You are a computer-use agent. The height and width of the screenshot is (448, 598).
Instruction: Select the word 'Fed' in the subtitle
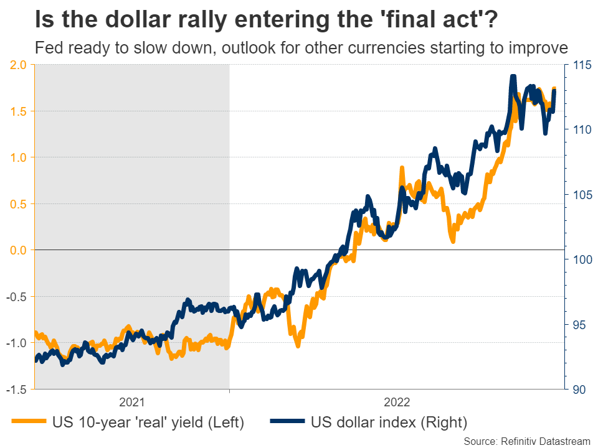[x=47, y=48]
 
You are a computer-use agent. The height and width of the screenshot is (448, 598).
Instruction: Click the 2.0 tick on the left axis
[x=17, y=65]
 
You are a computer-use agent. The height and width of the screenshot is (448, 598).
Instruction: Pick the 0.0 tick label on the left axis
[x=17, y=250]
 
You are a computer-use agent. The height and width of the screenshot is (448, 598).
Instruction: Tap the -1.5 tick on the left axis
[x=16, y=390]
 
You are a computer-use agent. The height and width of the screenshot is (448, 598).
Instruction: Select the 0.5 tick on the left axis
[x=17, y=204]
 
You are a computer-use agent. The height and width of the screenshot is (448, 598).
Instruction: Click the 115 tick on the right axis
[x=580, y=65]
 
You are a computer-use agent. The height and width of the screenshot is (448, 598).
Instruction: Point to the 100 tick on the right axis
[x=580, y=259]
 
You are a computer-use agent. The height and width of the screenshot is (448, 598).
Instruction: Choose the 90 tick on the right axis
[x=577, y=390]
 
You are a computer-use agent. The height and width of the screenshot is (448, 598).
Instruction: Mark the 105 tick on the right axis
[x=580, y=195]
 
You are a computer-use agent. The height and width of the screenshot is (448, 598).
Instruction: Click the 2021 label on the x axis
[x=131, y=401]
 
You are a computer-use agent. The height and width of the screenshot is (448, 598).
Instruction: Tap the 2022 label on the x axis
[x=397, y=401]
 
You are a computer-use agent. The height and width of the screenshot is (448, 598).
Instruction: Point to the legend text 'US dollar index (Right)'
[x=388, y=422]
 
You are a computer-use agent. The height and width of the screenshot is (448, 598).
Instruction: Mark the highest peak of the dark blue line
[x=513, y=77]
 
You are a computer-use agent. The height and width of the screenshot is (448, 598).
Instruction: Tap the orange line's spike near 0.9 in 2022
[x=402, y=167]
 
